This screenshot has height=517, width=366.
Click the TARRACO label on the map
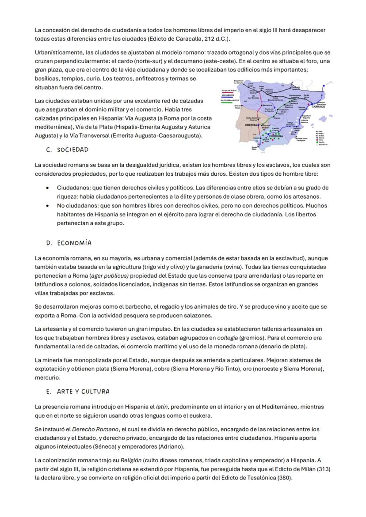[x=318, y=107]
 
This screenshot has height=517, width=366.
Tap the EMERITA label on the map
[x=252, y=125]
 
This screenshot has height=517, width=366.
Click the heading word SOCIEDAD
[x=73, y=150]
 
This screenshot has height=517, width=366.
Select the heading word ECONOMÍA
[x=74, y=243]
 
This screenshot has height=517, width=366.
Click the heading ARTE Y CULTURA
[x=83, y=392]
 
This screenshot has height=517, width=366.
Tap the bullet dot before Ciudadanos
[x=47, y=188]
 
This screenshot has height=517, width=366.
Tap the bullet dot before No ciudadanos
[x=47, y=206]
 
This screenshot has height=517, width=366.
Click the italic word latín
[x=162, y=407]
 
